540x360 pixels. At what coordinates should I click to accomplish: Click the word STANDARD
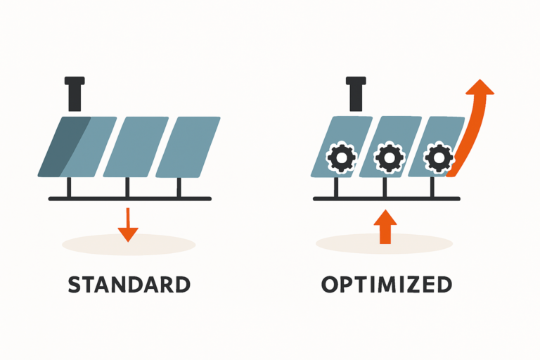click(x=129, y=285)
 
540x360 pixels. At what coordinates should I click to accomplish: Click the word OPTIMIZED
click(x=386, y=285)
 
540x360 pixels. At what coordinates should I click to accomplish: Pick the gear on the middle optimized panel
click(x=387, y=157)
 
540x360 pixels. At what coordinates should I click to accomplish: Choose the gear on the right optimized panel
click(x=437, y=157)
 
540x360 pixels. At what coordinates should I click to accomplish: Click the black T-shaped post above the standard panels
click(x=75, y=94)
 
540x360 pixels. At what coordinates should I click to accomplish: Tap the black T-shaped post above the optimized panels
click(x=356, y=94)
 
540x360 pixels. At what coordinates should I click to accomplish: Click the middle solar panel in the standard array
click(x=136, y=146)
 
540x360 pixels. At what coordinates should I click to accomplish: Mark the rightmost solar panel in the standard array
click(x=188, y=146)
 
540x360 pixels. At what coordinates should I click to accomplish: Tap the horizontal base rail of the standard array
click(x=129, y=199)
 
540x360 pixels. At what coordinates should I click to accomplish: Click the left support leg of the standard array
click(x=69, y=188)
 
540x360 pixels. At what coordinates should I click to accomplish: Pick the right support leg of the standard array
click(x=179, y=188)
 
